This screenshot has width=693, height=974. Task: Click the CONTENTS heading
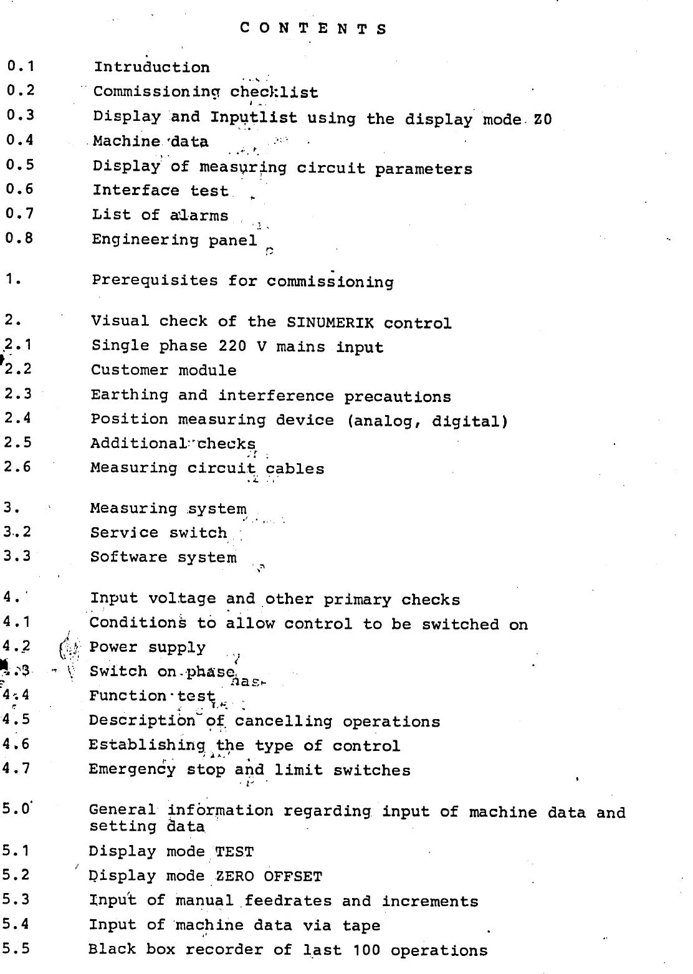(x=313, y=29)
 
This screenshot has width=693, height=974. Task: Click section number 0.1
(x=21, y=65)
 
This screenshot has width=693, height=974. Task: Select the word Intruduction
(x=151, y=67)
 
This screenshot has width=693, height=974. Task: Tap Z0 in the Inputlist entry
(x=542, y=119)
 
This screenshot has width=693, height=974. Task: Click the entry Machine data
(x=150, y=141)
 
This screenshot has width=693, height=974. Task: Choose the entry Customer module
(x=163, y=370)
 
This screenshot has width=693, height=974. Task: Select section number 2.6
(x=17, y=466)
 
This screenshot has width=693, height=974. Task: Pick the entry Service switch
(x=158, y=533)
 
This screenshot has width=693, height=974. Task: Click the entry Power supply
(x=147, y=647)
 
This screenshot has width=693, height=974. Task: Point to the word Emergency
(x=132, y=770)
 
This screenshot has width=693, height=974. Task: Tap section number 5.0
(x=16, y=809)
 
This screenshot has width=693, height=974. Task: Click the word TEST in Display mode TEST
(x=234, y=852)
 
